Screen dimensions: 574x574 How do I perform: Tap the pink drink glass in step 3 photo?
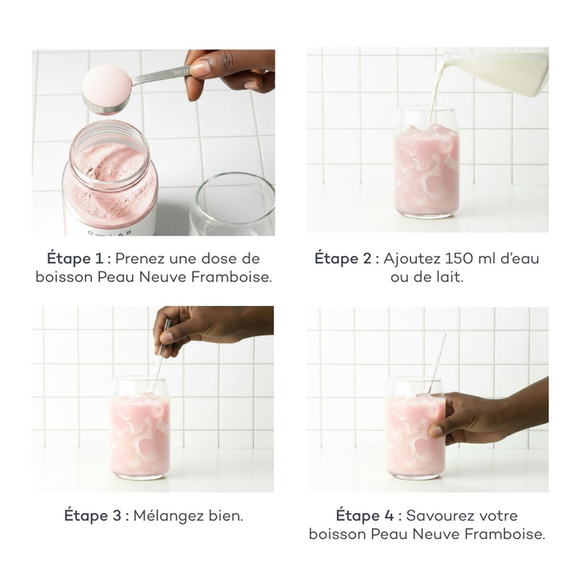(x=140, y=426)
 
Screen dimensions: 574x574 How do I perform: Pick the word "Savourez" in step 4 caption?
(x=440, y=516)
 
